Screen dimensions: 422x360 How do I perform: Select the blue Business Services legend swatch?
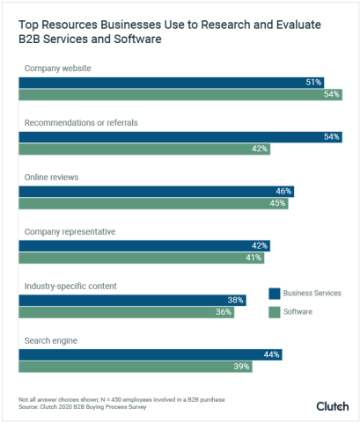274,293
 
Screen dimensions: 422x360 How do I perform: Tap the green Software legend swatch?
274,312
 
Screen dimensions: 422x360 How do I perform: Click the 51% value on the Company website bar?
313,82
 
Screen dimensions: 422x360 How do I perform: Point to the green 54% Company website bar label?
331,94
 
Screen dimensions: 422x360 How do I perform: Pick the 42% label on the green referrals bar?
259,149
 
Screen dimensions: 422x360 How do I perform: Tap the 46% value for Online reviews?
283,191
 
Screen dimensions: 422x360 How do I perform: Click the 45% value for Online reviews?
277,203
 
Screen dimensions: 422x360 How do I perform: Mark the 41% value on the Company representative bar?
253,258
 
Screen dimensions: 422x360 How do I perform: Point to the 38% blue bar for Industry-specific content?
132,300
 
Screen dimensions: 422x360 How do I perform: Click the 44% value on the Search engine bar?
271,354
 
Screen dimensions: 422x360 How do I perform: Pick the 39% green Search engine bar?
132,367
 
